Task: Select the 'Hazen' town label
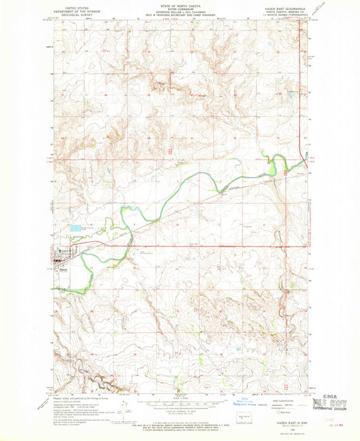click(x=62, y=268)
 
